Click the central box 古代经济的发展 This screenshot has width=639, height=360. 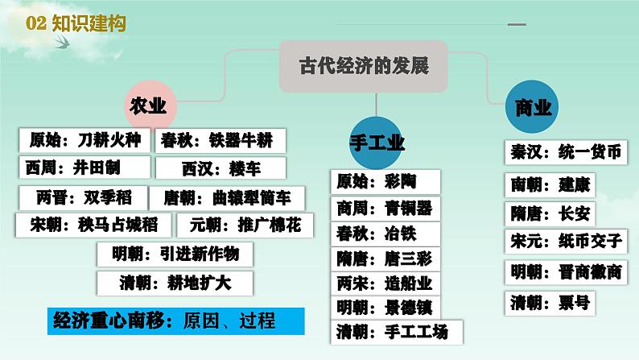364,66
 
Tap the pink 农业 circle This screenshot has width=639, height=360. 150,106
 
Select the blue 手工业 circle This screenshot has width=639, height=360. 376,143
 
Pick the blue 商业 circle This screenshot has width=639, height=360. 532,107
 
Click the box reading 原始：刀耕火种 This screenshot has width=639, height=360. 85,140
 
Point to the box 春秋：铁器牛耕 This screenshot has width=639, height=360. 221,141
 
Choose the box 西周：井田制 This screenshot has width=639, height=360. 85,168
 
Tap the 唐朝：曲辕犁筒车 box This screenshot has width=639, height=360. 227,198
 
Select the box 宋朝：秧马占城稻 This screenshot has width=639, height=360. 93,225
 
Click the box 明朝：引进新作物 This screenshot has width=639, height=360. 175,254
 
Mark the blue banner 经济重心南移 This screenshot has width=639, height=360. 176,321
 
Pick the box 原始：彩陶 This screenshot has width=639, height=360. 385,182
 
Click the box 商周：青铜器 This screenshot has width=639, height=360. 385,209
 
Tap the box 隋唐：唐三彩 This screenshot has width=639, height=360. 385,259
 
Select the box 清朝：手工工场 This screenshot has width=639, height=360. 397,333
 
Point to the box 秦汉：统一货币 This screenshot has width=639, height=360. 566,152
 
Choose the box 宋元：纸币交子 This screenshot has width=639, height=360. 566,242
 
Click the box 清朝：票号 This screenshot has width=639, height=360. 550,304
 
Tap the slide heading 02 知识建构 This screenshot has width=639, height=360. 76,23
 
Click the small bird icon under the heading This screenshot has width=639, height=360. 62,42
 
